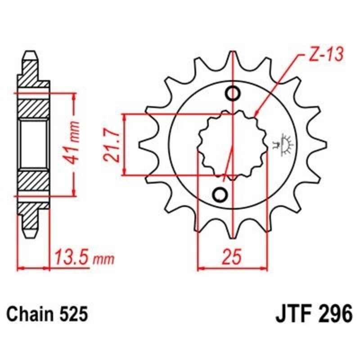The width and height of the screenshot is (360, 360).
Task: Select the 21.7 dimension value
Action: [x=111, y=144]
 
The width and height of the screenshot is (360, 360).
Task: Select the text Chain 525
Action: [x=46, y=314]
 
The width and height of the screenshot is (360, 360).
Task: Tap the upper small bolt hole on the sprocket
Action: [x=233, y=94]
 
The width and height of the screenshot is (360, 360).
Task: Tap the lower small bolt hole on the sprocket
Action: [x=220, y=194]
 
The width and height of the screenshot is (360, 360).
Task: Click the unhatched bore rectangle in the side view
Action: [x=34, y=144]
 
